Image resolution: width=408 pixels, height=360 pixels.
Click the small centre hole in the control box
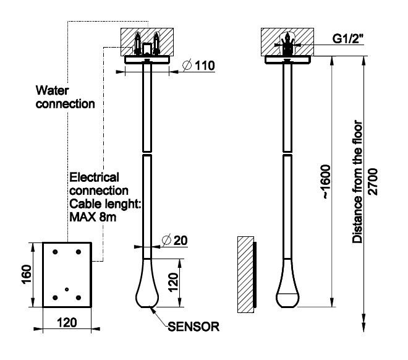pos(67,289)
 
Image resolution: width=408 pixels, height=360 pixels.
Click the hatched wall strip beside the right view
pos(246,272)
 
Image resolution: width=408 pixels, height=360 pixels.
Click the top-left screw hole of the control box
pos(56,252)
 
